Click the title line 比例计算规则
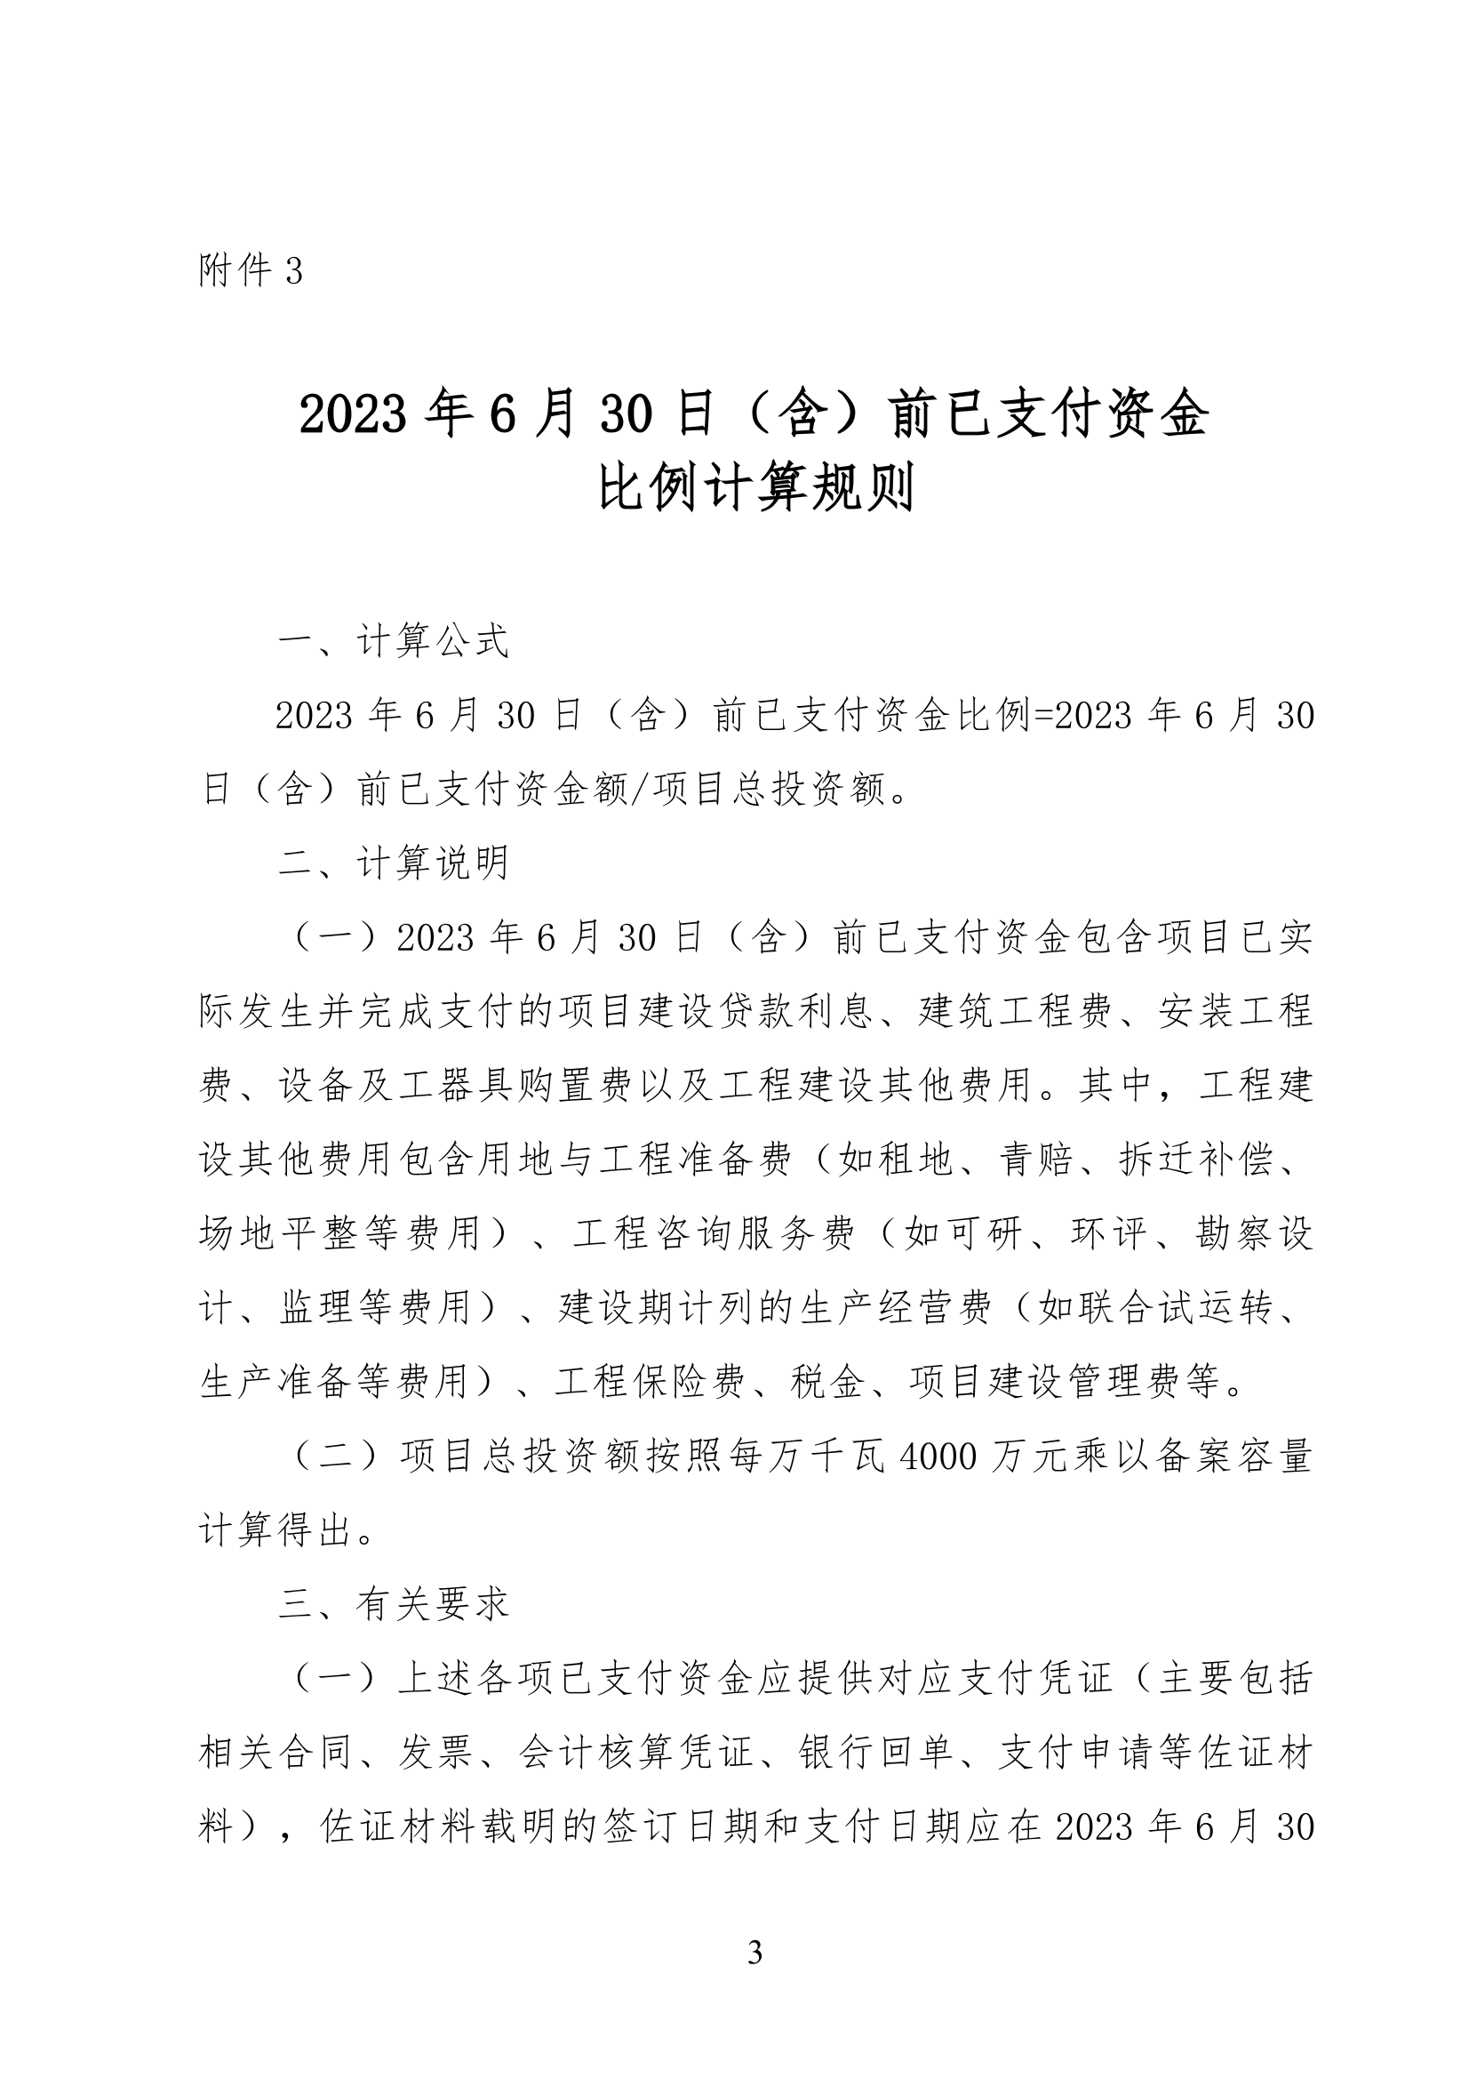click(x=755, y=488)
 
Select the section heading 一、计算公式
click(x=394, y=641)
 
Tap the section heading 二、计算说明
click(x=394, y=863)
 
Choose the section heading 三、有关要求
click(x=394, y=1603)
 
